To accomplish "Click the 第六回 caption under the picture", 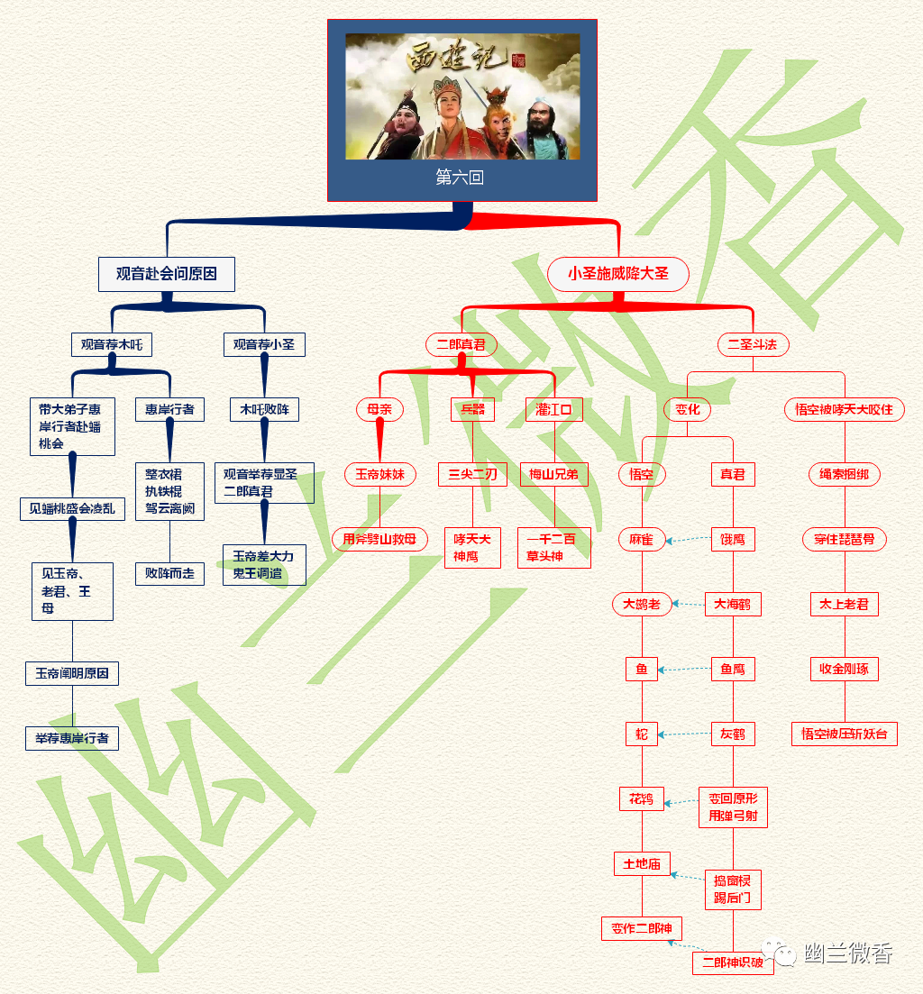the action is (460, 178).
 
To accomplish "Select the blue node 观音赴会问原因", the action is (167, 274).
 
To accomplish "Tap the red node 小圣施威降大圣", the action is (618, 274).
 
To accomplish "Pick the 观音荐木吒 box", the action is (112, 344).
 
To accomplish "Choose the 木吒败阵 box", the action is (264, 409).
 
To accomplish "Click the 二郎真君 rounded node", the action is (461, 344).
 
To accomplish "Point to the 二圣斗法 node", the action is (753, 344).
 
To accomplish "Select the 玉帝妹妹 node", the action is (379, 474).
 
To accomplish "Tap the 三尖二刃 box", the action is (472, 474).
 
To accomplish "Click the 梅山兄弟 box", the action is (553, 474).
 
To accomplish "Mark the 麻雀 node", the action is (642, 539).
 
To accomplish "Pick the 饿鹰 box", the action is (732, 539).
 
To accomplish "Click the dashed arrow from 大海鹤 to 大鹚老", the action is (689, 605).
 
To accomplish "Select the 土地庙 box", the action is (642, 863).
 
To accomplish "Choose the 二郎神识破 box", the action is (732, 962).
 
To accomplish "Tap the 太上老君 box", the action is (844, 604).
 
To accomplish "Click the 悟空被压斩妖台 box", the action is (844, 734).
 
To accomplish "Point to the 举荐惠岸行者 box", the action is (71, 738).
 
